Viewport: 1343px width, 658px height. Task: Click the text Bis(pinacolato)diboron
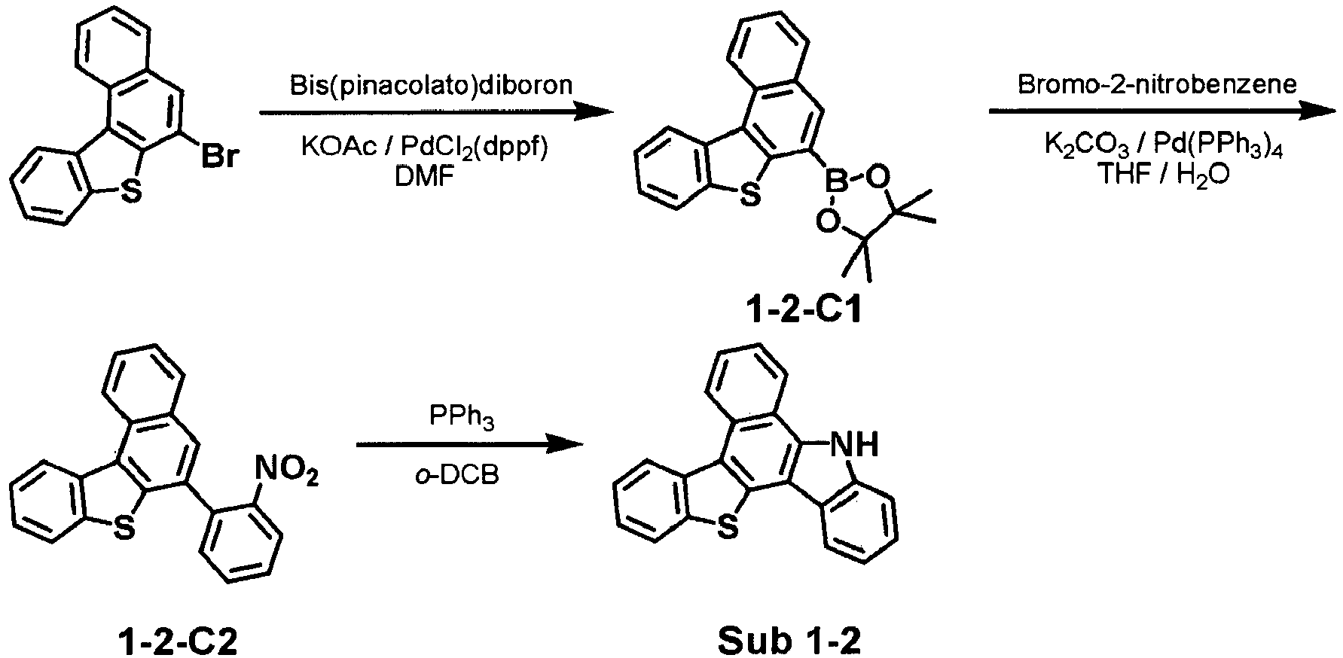click(432, 85)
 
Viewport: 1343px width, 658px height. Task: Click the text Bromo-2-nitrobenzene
click(1157, 84)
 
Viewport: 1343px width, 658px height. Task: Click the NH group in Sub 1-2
click(852, 446)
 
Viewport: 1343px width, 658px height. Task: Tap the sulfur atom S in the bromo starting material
click(130, 193)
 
